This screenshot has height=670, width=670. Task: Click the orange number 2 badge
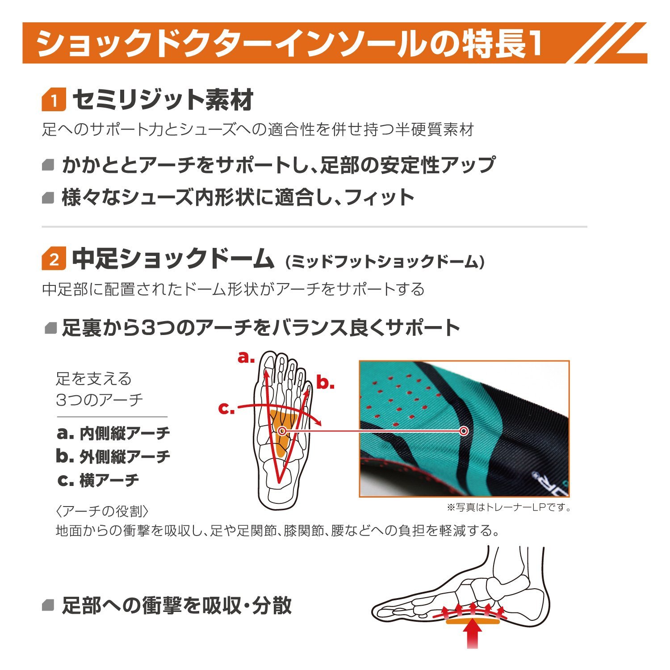[54, 259]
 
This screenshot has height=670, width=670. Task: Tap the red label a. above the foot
[246, 358]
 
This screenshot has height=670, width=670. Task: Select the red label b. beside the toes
[325, 383]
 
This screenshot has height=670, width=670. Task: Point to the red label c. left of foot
[226, 408]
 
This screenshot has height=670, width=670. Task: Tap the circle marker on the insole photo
[464, 431]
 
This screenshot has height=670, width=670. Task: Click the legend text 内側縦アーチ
[125, 433]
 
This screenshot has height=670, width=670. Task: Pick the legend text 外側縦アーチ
[125, 456]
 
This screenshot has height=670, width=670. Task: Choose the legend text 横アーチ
[109, 480]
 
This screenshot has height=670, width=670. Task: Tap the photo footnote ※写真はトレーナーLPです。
[509, 507]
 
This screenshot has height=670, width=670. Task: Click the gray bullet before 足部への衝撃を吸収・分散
[48, 606]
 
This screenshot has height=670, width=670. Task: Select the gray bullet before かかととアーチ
[48, 165]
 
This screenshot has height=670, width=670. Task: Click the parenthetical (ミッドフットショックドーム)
[385, 262]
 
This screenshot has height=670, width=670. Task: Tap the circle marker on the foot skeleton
[282, 431]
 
